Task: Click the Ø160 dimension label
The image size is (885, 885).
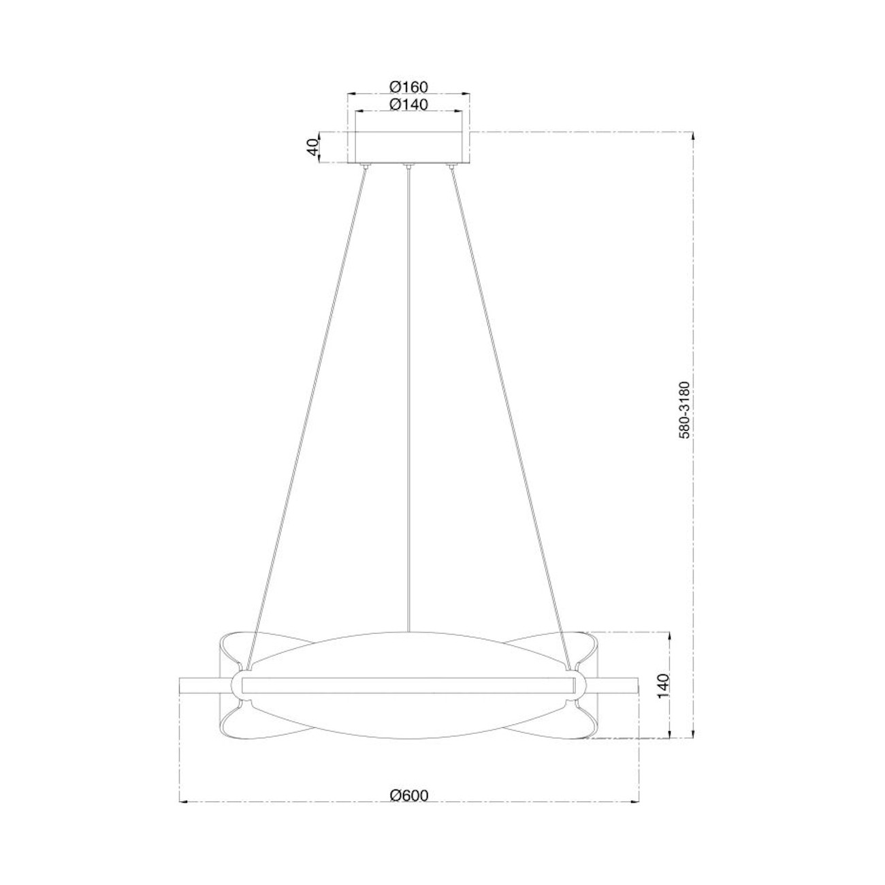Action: (x=408, y=86)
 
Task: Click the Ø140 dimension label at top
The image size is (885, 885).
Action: (x=408, y=104)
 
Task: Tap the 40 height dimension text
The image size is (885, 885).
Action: (x=312, y=147)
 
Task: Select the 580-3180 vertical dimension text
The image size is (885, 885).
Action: (x=686, y=409)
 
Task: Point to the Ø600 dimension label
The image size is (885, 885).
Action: (x=409, y=795)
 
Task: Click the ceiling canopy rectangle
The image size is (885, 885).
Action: (x=408, y=147)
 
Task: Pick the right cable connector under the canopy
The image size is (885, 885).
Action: (x=450, y=165)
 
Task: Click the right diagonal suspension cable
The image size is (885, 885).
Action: (x=507, y=408)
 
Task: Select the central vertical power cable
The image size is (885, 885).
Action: (x=408, y=408)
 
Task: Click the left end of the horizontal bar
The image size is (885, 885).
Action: (x=182, y=686)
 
